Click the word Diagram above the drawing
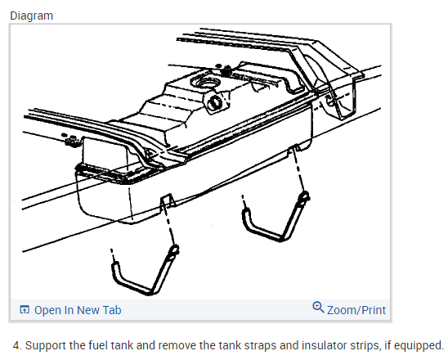click(31, 16)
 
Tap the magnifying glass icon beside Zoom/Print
click(318, 307)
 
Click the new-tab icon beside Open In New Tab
click(25, 309)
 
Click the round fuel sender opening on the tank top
click(206, 82)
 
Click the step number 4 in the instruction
click(17, 345)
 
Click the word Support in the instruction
click(46, 345)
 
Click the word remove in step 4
click(177, 345)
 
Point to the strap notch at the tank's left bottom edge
click(167, 200)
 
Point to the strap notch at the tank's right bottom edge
click(294, 149)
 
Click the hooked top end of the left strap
click(174, 251)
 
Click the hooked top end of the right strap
click(304, 197)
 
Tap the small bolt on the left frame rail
click(71, 140)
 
